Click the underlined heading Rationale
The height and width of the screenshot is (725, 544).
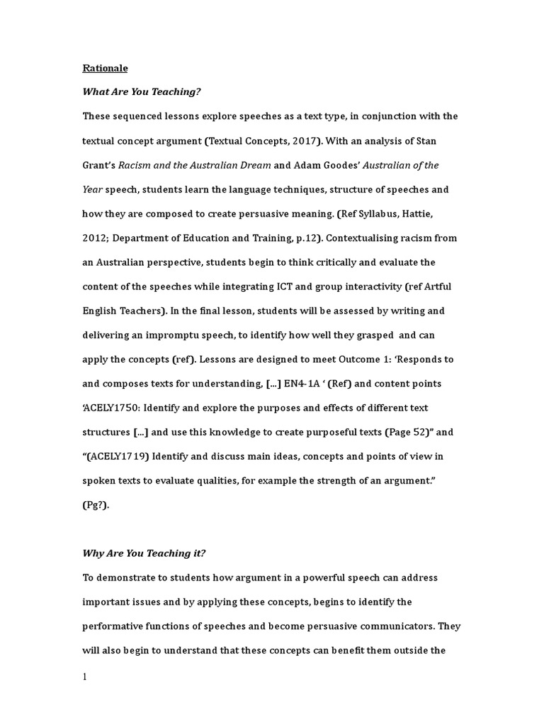(106, 69)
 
